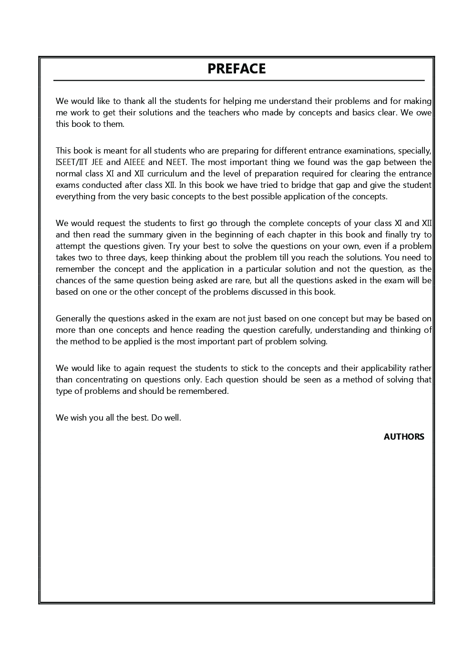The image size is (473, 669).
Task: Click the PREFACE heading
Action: [236, 69]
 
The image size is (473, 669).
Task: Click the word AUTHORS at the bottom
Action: [403, 437]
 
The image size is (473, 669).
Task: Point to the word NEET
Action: [176, 162]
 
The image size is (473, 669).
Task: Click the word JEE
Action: [98, 162]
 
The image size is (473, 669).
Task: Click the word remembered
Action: [205, 391]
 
